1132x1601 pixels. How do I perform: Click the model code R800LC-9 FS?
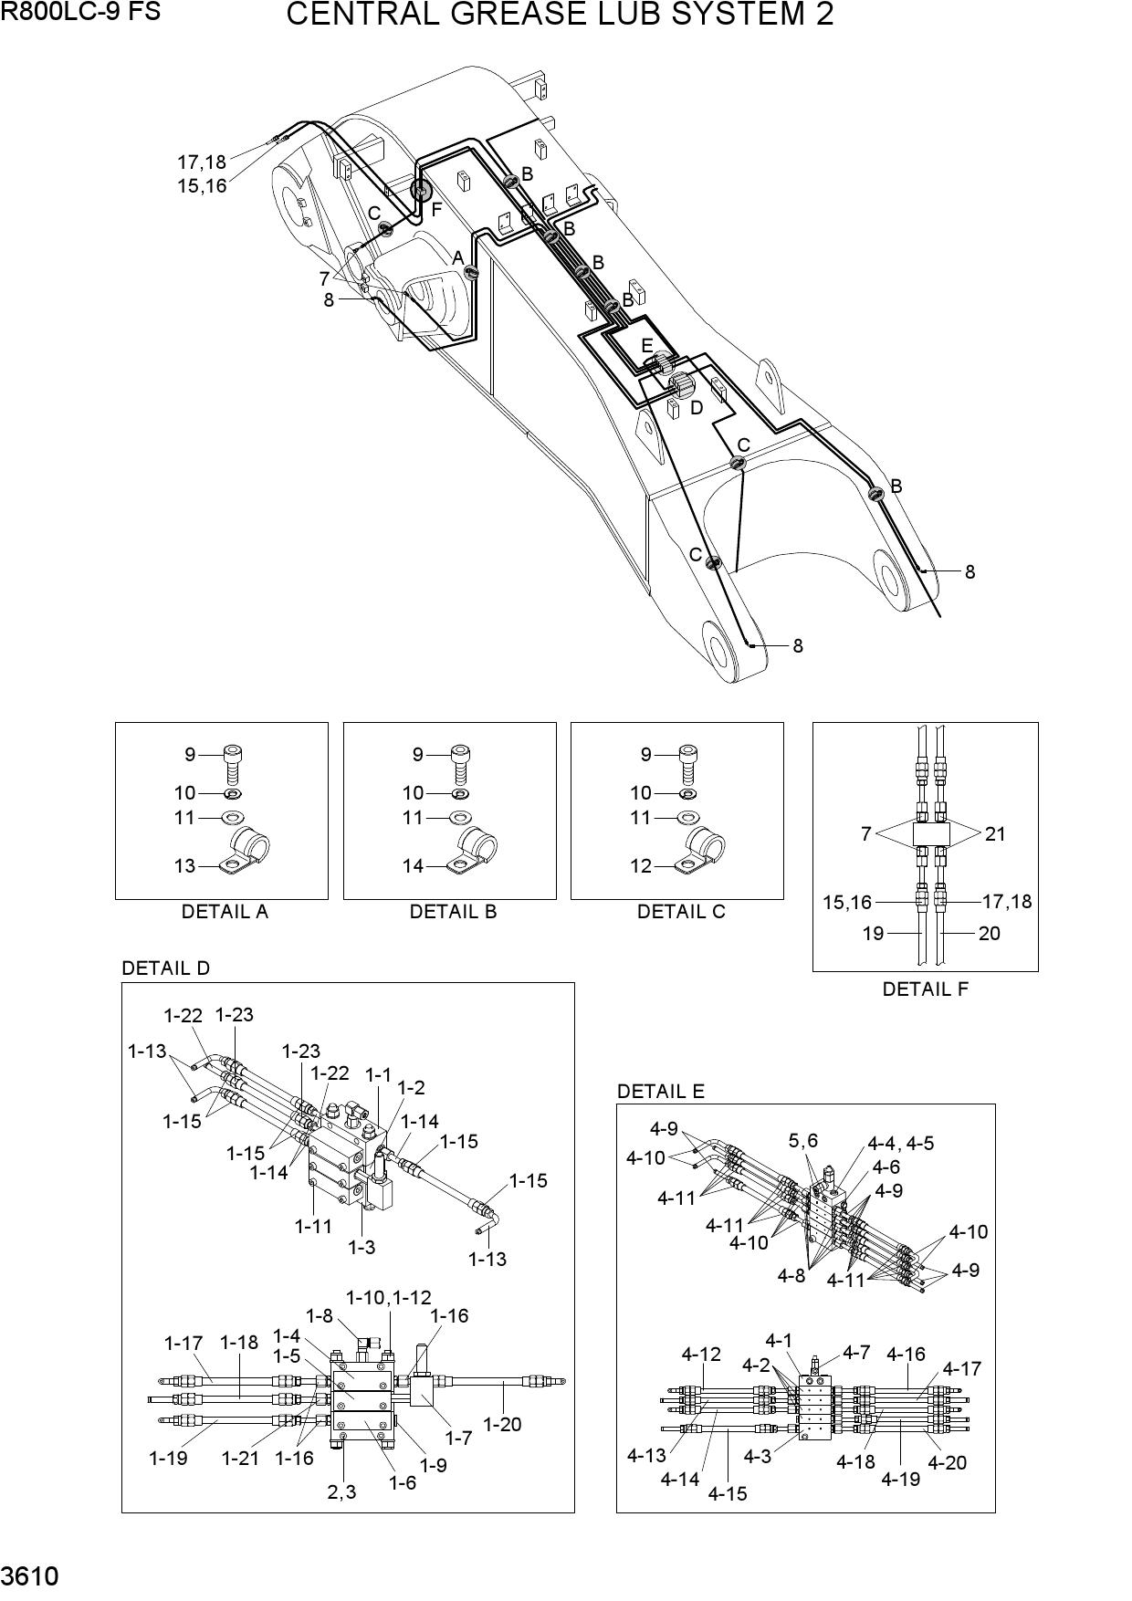pyautogui.click(x=80, y=13)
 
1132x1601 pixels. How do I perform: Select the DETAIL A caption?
pyautogui.click(x=225, y=912)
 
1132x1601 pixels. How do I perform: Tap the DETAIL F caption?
pyautogui.click(x=925, y=989)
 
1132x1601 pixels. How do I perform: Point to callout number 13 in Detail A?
pyautogui.click(x=184, y=865)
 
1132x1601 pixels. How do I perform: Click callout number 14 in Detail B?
pyautogui.click(x=413, y=865)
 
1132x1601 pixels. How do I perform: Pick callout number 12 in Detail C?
pyautogui.click(x=641, y=865)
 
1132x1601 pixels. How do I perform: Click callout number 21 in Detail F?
pyautogui.click(x=995, y=833)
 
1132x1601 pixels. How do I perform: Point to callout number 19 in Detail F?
pyautogui.click(x=873, y=933)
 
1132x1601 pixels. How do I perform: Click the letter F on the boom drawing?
pyautogui.click(x=436, y=209)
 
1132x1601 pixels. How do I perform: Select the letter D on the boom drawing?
pyautogui.click(x=697, y=408)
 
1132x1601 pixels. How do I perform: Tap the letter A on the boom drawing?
pyautogui.click(x=458, y=258)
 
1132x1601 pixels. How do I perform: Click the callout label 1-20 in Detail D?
pyautogui.click(x=502, y=1423)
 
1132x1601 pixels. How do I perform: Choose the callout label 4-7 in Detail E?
pyautogui.click(x=856, y=1352)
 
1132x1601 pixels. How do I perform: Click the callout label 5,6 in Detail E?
pyautogui.click(x=803, y=1140)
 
